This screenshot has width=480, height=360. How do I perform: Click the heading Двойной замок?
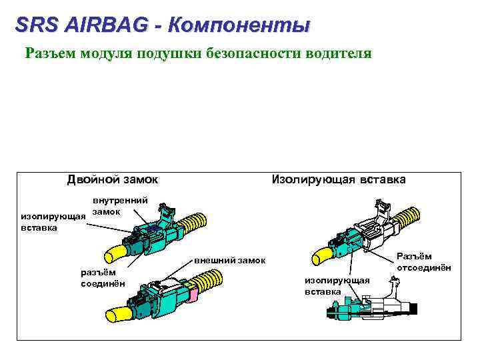tap(113, 179)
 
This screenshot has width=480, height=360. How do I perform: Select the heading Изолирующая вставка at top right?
tap(337, 179)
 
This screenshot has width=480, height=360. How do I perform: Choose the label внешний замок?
tap(229, 259)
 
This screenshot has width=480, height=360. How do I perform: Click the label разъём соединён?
tap(98, 277)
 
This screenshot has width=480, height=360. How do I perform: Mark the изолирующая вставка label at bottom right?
tap(337, 286)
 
